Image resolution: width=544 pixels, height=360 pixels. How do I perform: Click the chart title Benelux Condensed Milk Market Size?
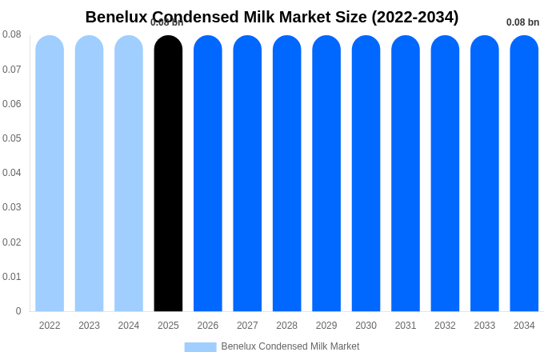(272, 17)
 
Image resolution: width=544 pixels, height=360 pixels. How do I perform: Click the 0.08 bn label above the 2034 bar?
(522, 22)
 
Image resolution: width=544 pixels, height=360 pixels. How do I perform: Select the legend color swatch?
(200, 347)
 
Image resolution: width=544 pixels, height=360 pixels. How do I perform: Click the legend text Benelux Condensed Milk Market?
(290, 346)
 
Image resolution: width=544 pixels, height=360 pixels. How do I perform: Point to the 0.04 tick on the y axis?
(11, 173)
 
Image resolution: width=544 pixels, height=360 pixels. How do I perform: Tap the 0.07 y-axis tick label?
(11, 70)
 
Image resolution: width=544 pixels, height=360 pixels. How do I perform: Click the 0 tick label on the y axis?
(18, 311)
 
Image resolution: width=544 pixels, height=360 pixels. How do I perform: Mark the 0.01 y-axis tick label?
(11, 277)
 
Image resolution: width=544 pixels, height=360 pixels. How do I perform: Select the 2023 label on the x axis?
(89, 326)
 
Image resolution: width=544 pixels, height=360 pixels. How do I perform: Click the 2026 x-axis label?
(208, 326)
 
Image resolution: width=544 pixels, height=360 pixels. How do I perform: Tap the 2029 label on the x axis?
(326, 326)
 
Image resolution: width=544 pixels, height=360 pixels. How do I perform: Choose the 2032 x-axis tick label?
(445, 326)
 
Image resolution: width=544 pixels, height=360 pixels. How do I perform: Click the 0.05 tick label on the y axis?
(11, 138)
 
